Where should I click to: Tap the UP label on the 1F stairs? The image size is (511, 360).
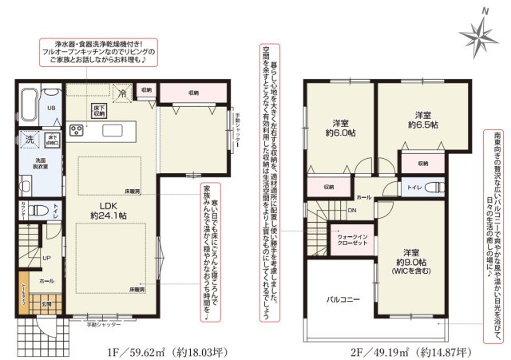pos(48,258)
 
